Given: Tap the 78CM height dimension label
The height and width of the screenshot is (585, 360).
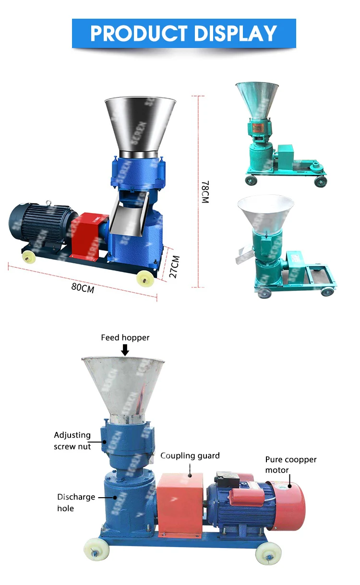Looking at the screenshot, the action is point(205,192).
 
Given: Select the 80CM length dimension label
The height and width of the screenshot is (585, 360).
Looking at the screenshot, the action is point(83,287).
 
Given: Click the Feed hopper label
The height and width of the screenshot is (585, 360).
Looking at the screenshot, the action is point(125,338).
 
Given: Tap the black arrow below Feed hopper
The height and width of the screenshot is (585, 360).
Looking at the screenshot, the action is point(125,351).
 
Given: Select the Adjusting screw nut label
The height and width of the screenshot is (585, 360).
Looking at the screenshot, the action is point(72,441).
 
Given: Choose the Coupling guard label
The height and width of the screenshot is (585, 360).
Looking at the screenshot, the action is point(190,455).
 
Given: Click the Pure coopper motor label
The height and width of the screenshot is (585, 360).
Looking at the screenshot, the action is point(291,464).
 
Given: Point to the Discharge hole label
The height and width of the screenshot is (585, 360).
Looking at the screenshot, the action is point(76,502).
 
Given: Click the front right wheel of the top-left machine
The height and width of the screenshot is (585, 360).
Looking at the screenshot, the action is point(144,277).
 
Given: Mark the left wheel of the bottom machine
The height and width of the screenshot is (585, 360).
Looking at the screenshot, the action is point(96,547).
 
